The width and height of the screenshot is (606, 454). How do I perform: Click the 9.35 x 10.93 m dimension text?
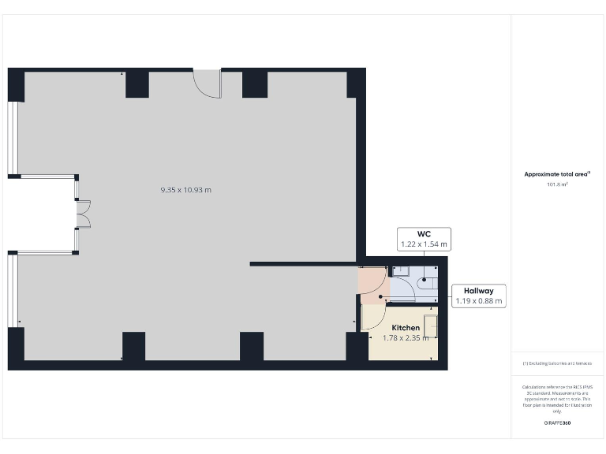pos(186,190)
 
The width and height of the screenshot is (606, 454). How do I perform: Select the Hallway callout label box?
pos(479,296)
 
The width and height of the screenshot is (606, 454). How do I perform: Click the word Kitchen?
pos(406,327)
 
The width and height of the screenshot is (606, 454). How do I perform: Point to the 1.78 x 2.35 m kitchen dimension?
pos(406,338)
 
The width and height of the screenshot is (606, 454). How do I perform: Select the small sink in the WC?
pos(399,270)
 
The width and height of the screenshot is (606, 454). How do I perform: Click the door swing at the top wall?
pos(207,83)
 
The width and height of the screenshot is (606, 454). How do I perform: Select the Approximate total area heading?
pos(558,174)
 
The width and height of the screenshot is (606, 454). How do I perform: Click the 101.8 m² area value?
pos(557,184)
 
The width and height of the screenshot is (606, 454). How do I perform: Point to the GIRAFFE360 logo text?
pos(558,423)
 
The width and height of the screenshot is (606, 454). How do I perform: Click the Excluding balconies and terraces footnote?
pos(558,363)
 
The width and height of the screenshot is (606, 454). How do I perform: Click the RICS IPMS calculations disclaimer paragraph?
pos(558,399)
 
